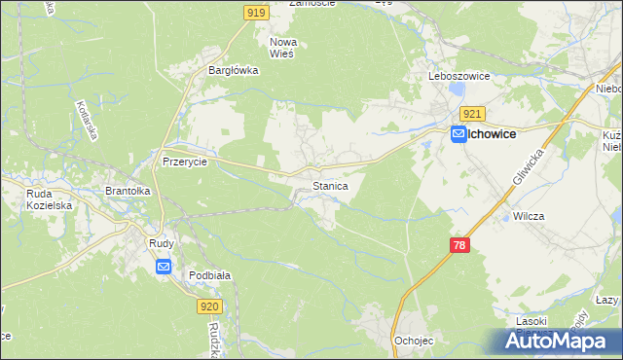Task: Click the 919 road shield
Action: point(255,12)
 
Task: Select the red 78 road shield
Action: point(460,246)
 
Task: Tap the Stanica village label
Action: point(330,184)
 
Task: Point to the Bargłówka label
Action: point(233,70)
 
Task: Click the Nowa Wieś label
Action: point(283,48)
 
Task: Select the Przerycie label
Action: point(185,162)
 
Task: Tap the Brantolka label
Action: point(128,192)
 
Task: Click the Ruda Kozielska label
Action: point(46,199)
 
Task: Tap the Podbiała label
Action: point(209,275)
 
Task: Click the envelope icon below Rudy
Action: point(163,266)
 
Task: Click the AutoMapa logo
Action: point(556,342)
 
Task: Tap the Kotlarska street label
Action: point(86,121)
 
